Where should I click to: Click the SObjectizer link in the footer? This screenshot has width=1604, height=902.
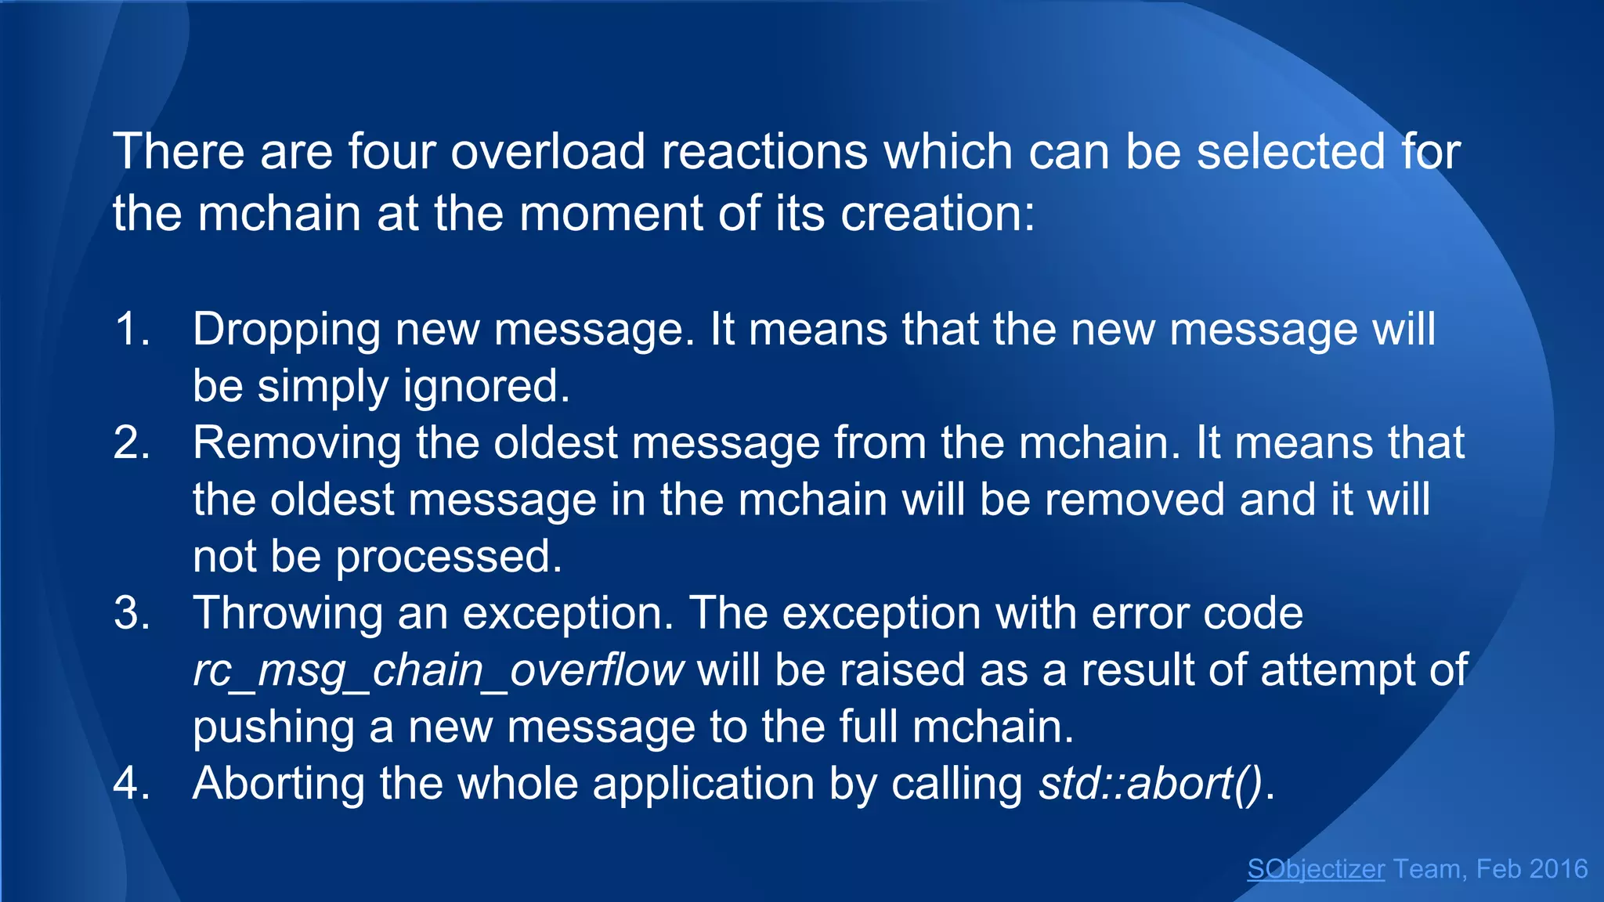(1315, 869)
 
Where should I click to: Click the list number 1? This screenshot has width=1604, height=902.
(131, 329)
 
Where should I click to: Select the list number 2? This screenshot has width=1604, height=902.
(131, 442)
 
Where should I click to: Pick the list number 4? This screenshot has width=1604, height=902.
(131, 783)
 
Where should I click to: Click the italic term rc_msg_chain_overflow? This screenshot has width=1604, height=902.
(439, 671)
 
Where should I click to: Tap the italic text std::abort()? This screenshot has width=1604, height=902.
(1151, 783)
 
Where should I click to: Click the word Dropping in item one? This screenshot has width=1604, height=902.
(287, 330)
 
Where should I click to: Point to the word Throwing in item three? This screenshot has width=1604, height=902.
(288, 614)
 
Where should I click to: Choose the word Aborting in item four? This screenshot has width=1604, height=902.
(279, 783)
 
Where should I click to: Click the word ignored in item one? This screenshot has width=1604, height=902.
(486, 388)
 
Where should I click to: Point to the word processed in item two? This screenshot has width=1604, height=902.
(448, 557)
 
